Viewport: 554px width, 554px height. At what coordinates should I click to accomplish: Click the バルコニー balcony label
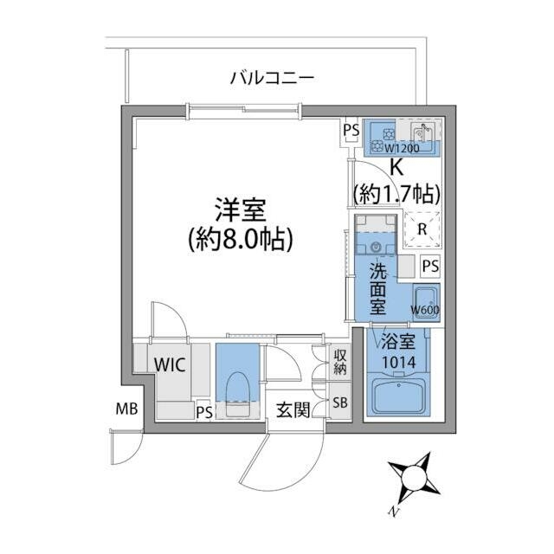pos(271,79)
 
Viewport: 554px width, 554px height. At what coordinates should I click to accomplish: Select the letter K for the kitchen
pos(397,168)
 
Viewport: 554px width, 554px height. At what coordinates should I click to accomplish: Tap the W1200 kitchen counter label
pos(402,148)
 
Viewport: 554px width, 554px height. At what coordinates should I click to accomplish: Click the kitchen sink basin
pos(422,134)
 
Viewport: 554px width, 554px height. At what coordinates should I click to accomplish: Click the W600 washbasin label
pos(423,310)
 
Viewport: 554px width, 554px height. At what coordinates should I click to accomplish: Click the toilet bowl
pos(236,386)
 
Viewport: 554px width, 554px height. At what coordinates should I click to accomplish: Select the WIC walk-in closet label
pos(171,364)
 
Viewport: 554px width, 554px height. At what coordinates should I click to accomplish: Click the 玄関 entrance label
pos(293,409)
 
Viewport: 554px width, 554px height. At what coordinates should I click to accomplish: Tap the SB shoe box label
pos(342,403)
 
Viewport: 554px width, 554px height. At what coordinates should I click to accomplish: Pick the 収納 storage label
pos(342,363)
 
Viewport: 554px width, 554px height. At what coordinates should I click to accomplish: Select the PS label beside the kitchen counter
pos(351,131)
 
